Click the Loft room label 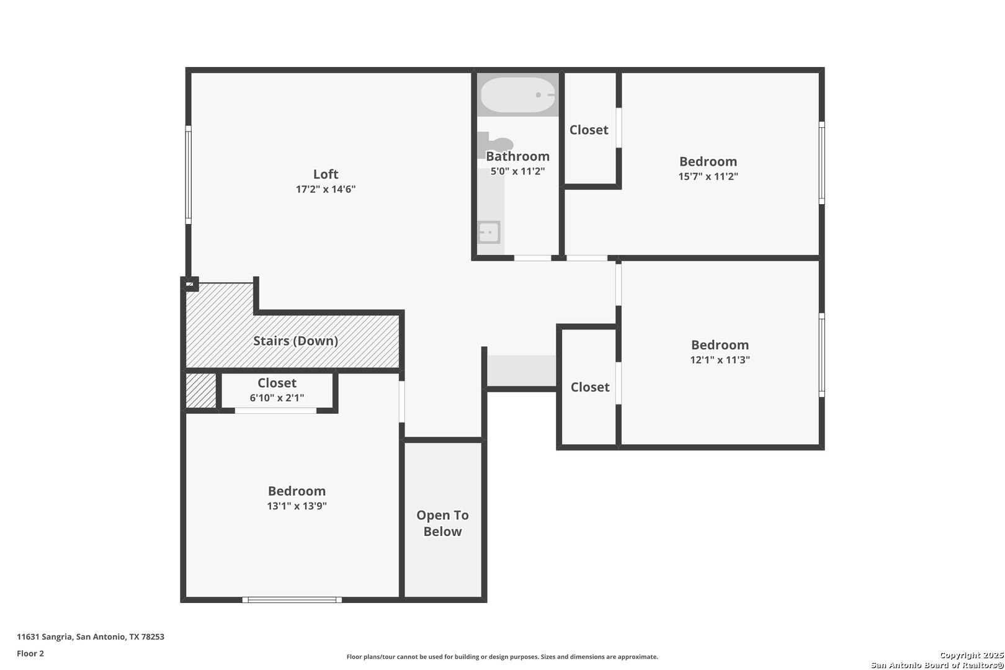[325, 174]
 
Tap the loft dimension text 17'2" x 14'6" [325, 189]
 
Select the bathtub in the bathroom [518, 95]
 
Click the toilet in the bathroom [495, 143]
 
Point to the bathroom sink [489, 233]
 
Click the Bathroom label [517, 156]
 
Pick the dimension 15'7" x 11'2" [708, 176]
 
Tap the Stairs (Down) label [296, 341]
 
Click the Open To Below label [442, 523]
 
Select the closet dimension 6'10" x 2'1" [277, 398]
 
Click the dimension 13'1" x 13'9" [297, 506]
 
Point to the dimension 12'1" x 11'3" [720, 359]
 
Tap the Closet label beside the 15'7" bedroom [589, 130]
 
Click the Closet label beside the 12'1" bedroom [589, 387]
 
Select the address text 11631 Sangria [45, 636]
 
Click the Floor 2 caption [30, 653]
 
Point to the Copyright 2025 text [971, 655]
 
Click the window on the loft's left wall [189, 174]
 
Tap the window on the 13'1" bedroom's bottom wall [292, 599]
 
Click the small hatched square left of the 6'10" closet [201, 390]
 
